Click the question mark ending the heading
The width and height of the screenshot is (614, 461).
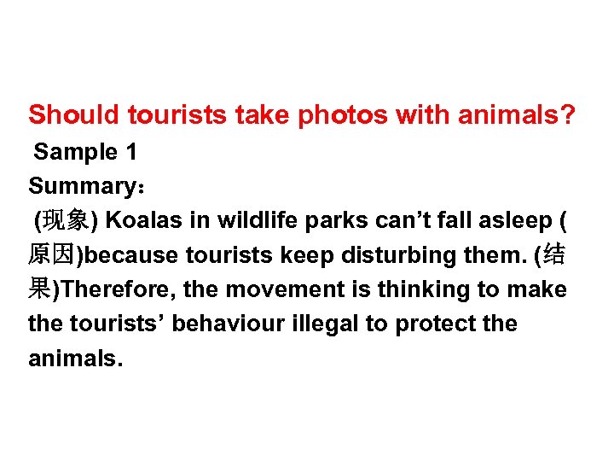pos(567,114)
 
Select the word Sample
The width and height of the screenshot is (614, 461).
pos(75,153)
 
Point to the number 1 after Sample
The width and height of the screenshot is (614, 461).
pos(130,153)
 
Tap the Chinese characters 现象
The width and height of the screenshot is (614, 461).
pos(67,220)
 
